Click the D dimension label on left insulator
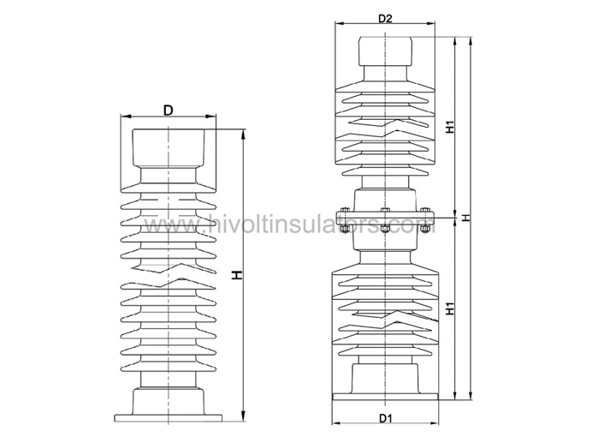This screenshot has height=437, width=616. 169,110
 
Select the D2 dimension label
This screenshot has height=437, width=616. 384,17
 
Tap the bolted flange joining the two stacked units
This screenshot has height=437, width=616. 384,218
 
